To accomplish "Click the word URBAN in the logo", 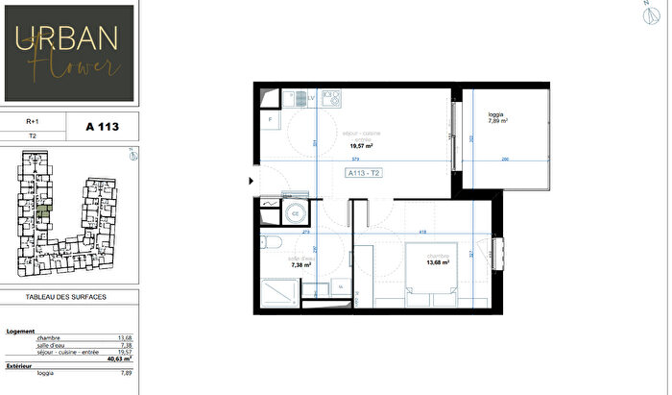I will click(x=67, y=37).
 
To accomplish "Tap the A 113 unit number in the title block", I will click(x=103, y=126).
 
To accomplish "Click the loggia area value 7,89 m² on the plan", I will click(x=498, y=121).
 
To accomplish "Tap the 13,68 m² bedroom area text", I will click(x=439, y=263).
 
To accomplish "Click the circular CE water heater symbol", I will click(x=296, y=212).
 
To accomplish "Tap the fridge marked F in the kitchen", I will click(x=271, y=121).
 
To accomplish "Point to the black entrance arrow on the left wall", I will click(x=252, y=180).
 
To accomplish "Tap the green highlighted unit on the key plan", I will click(x=42, y=208).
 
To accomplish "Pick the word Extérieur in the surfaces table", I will click(x=20, y=367).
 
